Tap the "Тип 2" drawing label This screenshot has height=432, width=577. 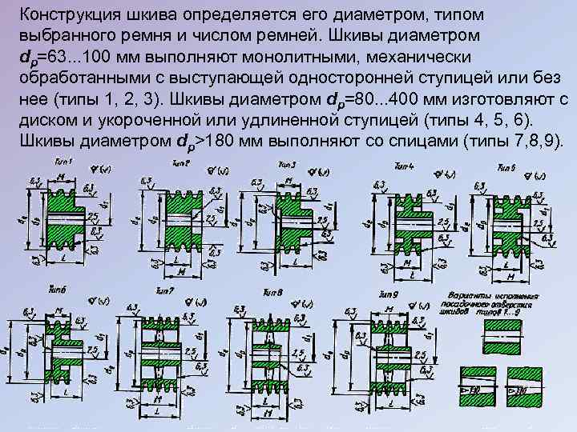click(181, 162)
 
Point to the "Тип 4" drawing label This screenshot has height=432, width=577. click(405, 165)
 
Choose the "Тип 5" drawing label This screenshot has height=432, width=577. click(506, 167)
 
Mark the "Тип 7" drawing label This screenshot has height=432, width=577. click(165, 290)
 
